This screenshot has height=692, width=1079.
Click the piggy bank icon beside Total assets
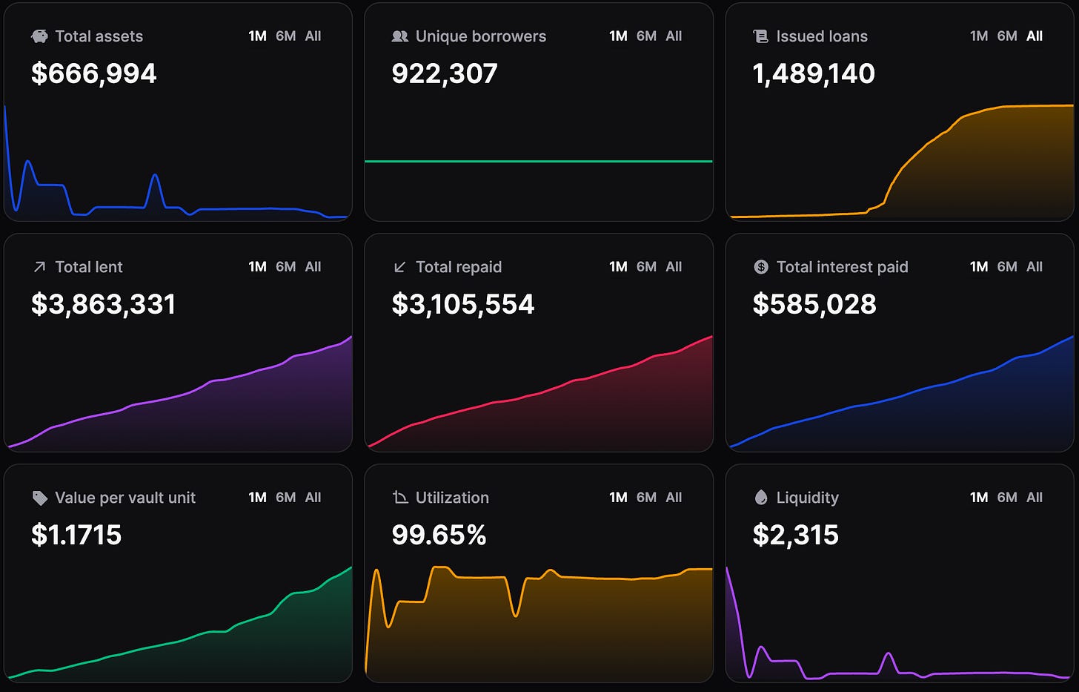(39, 36)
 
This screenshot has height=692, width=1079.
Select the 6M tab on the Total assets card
(285, 36)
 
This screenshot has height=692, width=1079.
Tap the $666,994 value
(94, 73)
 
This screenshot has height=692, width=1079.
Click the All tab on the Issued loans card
(1035, 36)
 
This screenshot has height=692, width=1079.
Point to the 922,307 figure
(445, 73)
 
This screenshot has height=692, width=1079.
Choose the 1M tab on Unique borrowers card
(618, 36)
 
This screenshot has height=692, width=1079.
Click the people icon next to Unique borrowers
(400, 36)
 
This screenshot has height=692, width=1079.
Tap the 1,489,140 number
(814, 73)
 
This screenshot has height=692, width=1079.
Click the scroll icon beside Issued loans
(760, 36)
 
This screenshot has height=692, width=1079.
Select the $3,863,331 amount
(104, 304)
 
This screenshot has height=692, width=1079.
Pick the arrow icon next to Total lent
(39, 267)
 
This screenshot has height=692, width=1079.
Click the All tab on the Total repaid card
(674, 267)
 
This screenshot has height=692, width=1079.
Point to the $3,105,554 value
(463, 304)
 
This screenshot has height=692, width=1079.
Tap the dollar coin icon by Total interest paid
(761, 267)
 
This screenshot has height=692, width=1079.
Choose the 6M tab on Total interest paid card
(1006, 267)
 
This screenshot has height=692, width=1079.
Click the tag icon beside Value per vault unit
(39, 498)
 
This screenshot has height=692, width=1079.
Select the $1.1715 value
(76, 535)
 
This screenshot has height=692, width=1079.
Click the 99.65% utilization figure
(439, 535)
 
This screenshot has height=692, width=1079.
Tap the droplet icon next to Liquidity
(761, 497)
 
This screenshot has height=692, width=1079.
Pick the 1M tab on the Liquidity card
(979, 497)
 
